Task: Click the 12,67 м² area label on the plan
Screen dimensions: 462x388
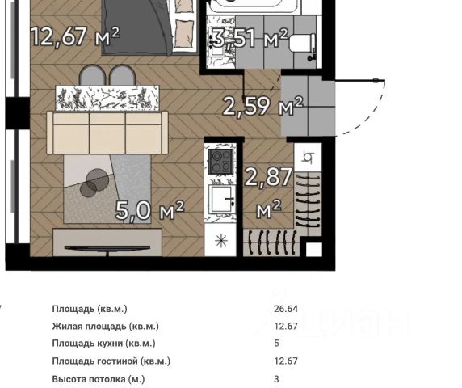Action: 75,36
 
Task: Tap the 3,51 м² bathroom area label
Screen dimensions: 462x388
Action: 250,38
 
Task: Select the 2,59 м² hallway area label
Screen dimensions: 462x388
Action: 262,106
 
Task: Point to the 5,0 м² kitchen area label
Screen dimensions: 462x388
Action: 149,210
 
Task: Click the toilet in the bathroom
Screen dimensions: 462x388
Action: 303,44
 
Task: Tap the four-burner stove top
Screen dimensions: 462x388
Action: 221,162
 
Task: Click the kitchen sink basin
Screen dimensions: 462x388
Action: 222,199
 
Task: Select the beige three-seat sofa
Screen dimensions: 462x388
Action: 107,133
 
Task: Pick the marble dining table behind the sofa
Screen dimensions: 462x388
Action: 107,98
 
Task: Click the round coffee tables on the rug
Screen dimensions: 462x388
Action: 94,182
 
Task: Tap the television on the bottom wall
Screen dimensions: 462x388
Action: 107,249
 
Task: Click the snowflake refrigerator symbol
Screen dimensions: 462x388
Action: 221,241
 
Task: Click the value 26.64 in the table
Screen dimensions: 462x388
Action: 286,309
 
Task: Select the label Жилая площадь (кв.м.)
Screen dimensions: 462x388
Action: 106,327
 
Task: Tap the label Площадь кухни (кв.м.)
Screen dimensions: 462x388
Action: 103,344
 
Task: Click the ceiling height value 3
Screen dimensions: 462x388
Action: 276,378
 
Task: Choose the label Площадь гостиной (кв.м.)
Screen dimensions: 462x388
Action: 111,361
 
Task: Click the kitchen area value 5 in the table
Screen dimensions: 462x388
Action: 276,344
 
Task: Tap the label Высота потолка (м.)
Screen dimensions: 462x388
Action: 99,379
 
